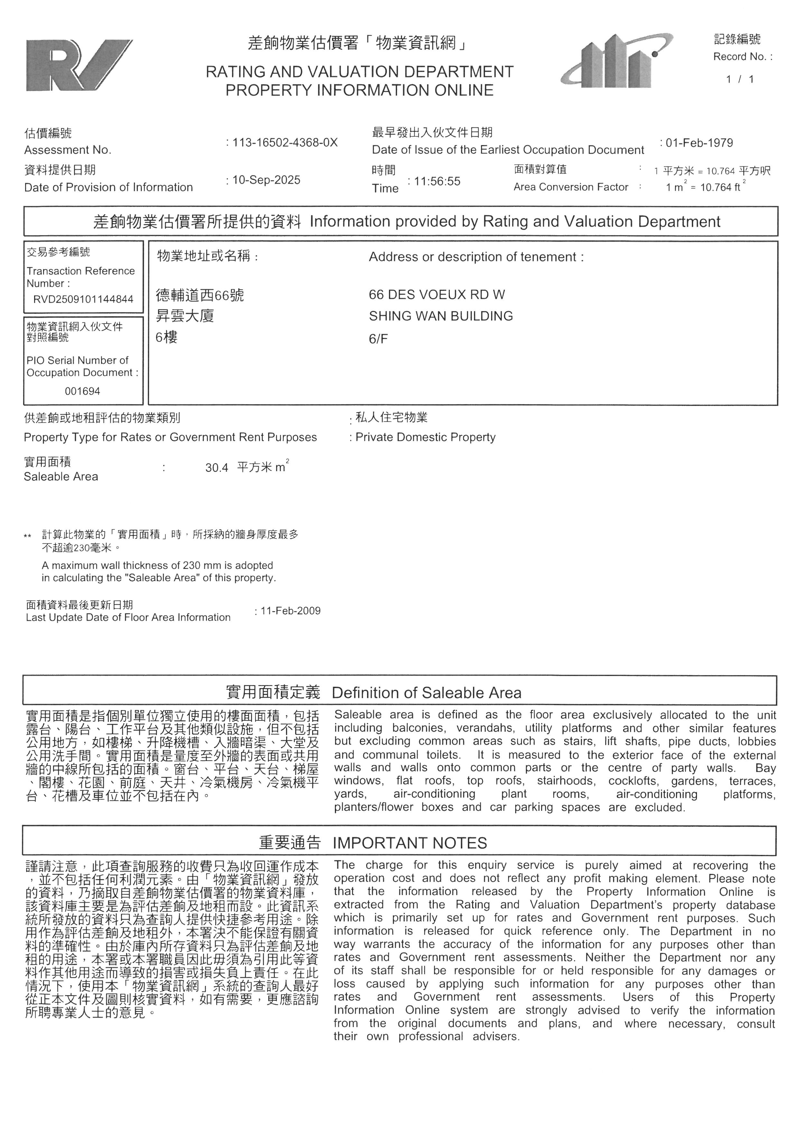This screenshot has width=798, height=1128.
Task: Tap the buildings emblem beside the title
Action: pyautogui.click(x=617, y=61)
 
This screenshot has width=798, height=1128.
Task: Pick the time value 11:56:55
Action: pyautogui.click(x=437, y=181)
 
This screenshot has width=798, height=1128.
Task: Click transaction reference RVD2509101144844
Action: pyautogui.click(x=83, y=299)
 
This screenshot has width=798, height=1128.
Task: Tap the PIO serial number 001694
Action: pyautogui.click(x=83, y=391)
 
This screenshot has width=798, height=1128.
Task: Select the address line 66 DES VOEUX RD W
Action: pyautogui.click(x=437, y=295)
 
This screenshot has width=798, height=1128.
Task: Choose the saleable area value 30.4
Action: pyautogui.click(x=217, y=468)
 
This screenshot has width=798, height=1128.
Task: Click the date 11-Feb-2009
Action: pyautogui.click(x=291, y=611)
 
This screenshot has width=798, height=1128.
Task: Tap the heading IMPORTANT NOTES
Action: pyautogui.click(x=410, y=843)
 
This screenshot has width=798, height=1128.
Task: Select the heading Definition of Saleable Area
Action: pyautogui.click(x=427, y=693)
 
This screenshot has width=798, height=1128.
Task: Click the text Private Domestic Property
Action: pyautogui.click(x=425, y=437)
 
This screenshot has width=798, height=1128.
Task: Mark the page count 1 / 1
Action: pyautogui.click(x=739, y=79)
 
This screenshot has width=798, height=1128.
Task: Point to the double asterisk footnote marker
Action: pyautogui.click(x=28, y=536)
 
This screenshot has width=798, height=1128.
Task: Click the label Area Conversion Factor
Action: pyautogui.click(x=571, y=187)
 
